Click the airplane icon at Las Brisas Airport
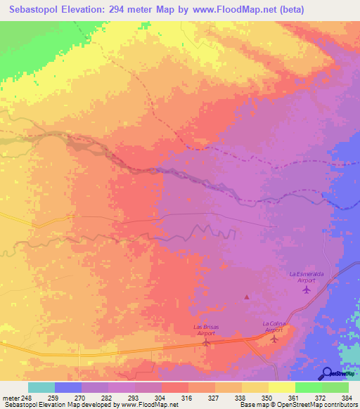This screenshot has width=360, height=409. click(x=205, y=343)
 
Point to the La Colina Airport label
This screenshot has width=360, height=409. click(x=273, y=326)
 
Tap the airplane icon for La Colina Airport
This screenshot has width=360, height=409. click(x=274, y=339)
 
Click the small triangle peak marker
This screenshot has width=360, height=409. click(x=246, y=297)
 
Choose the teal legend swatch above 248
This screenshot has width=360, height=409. click(x=41, y=387)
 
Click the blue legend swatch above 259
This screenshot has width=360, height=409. click(x=67, y=387)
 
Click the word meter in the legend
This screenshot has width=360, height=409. click(x=9, y=397)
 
